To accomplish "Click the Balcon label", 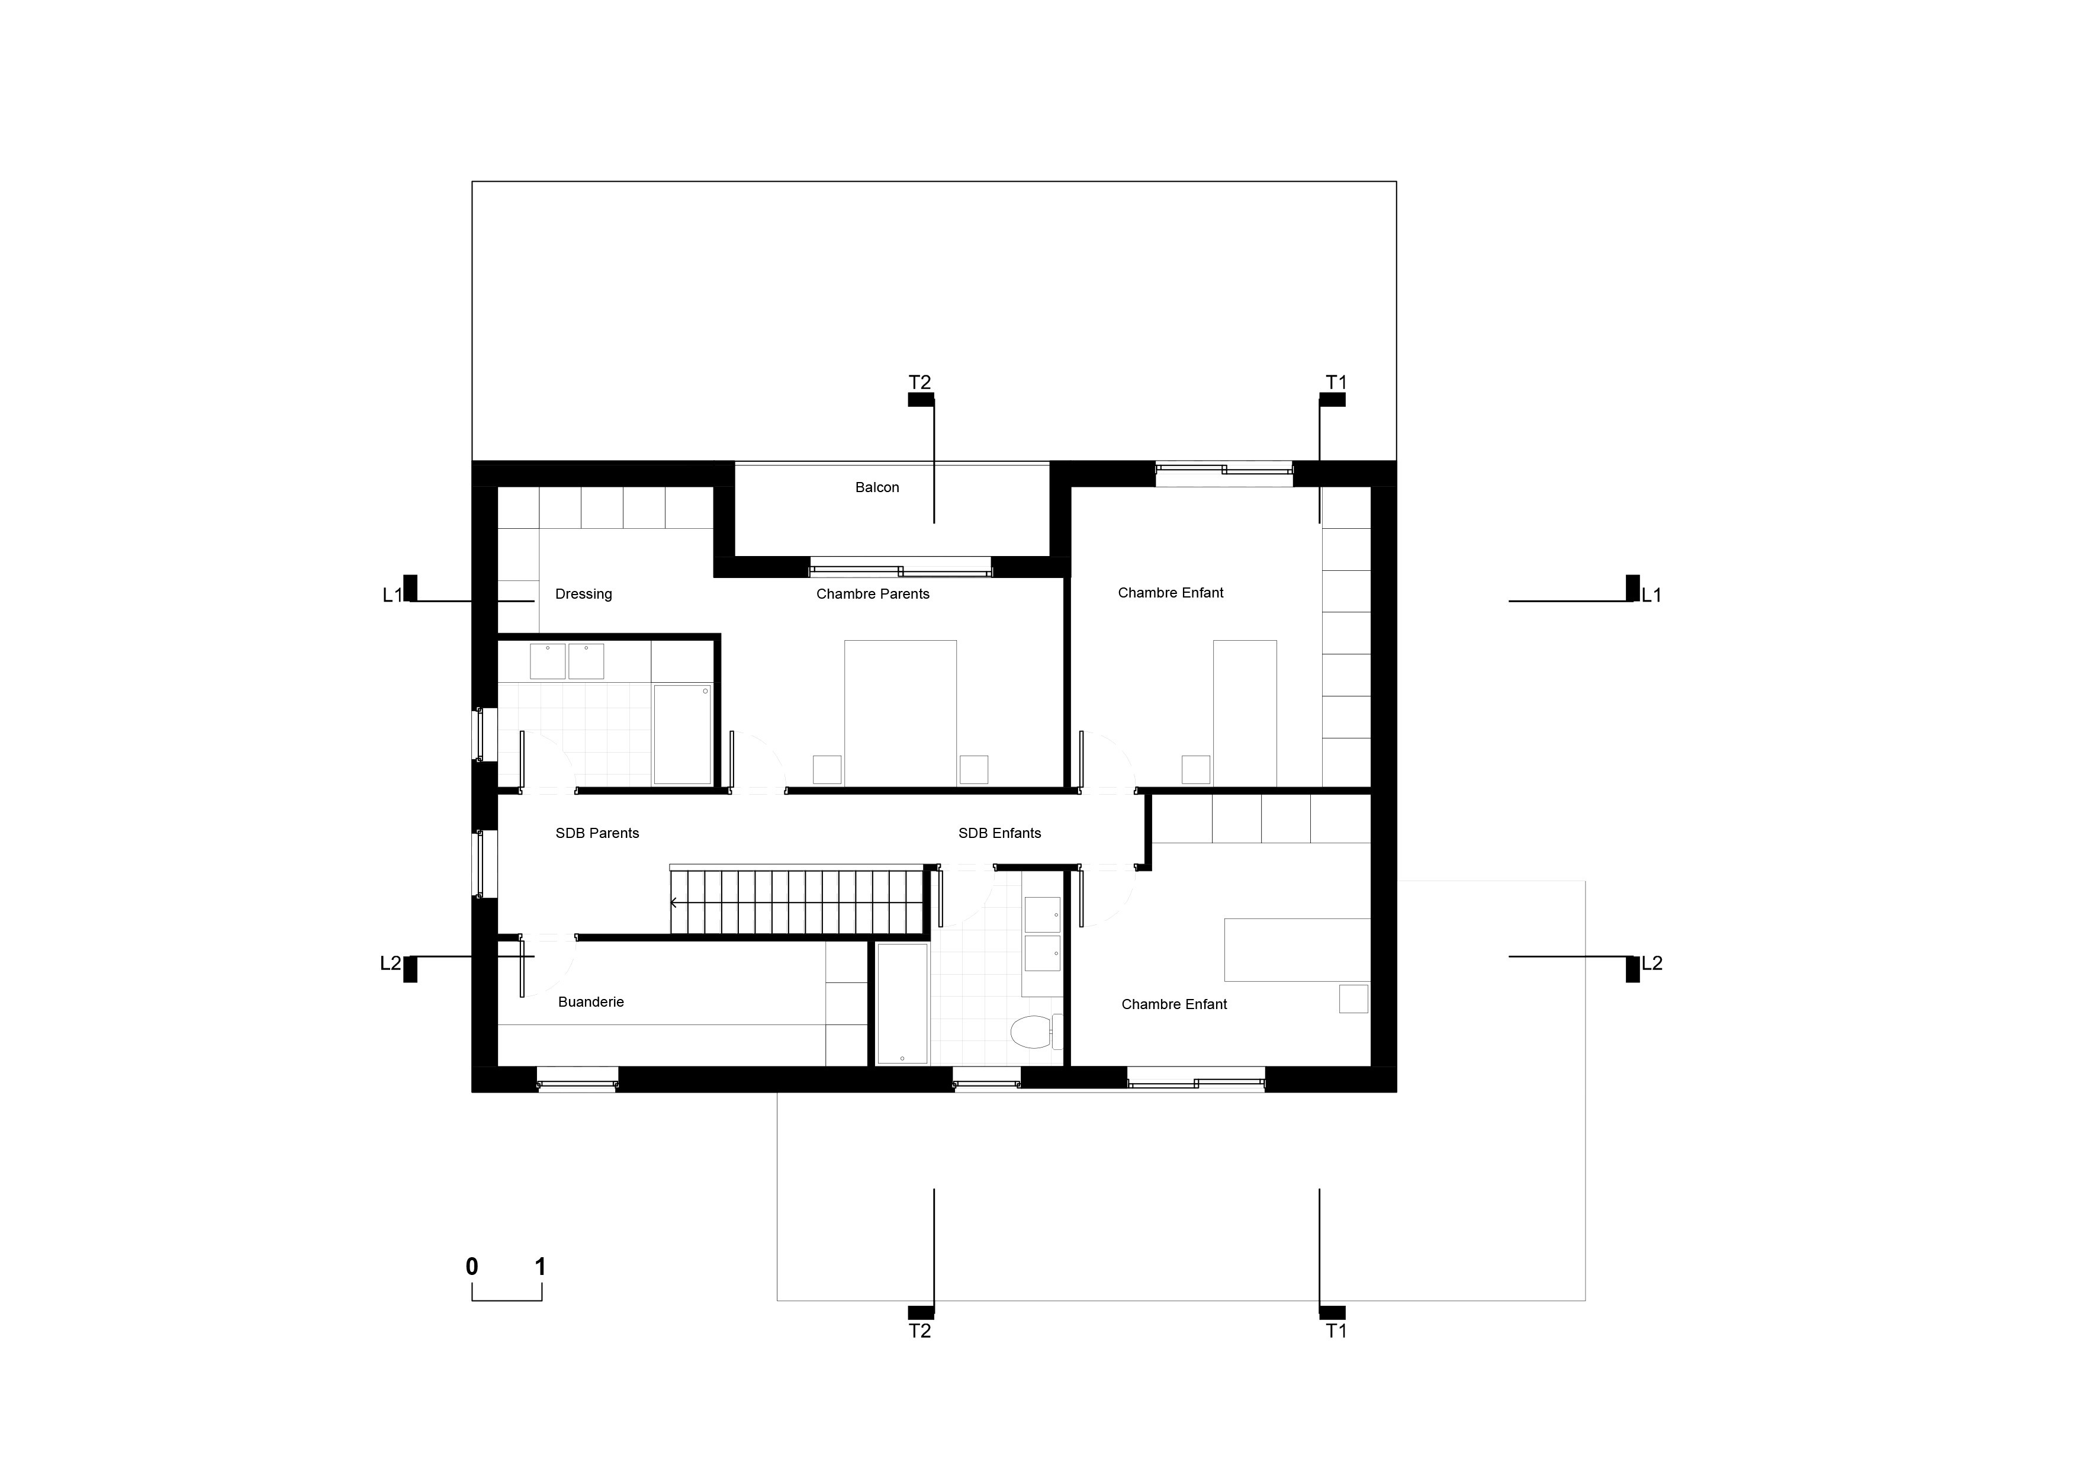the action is point(877,487).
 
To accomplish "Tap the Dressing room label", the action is point(583,595).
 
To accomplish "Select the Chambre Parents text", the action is point(873,595).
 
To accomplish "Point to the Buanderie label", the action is point(591,1002).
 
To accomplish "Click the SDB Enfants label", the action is point(999,833).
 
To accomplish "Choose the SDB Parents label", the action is point(597,833).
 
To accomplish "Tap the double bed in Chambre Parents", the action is point(900,713).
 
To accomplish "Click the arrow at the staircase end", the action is point(674,902).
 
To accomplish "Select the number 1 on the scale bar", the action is point(541,1266).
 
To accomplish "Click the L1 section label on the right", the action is point(1652,595).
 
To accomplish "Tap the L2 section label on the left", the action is point(390,963).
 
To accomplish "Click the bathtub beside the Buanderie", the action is point(902,1004).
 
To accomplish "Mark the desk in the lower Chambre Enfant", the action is point(1297,950).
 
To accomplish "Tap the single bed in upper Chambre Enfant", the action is point(1245,713).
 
